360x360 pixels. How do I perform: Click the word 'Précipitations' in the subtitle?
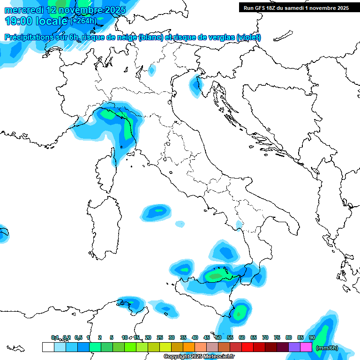(29, 37)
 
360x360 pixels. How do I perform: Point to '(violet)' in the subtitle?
(249, 37)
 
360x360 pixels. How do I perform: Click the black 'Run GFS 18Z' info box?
(296, 7)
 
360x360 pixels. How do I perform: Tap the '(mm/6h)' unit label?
(327, 348)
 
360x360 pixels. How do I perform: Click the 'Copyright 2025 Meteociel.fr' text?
(199, 357)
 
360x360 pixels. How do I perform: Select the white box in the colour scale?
(48, 347)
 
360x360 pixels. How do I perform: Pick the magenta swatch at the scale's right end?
(306, 347)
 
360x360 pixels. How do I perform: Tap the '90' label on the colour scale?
(312, 337)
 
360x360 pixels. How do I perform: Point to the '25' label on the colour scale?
(160, 337)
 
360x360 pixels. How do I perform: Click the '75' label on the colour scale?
(277, 337)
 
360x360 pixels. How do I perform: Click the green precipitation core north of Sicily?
(216, 276)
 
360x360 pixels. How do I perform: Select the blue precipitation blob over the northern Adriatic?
(195, 86)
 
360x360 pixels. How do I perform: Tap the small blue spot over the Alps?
(151, 71)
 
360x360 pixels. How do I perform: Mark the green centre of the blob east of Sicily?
(240, 313)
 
